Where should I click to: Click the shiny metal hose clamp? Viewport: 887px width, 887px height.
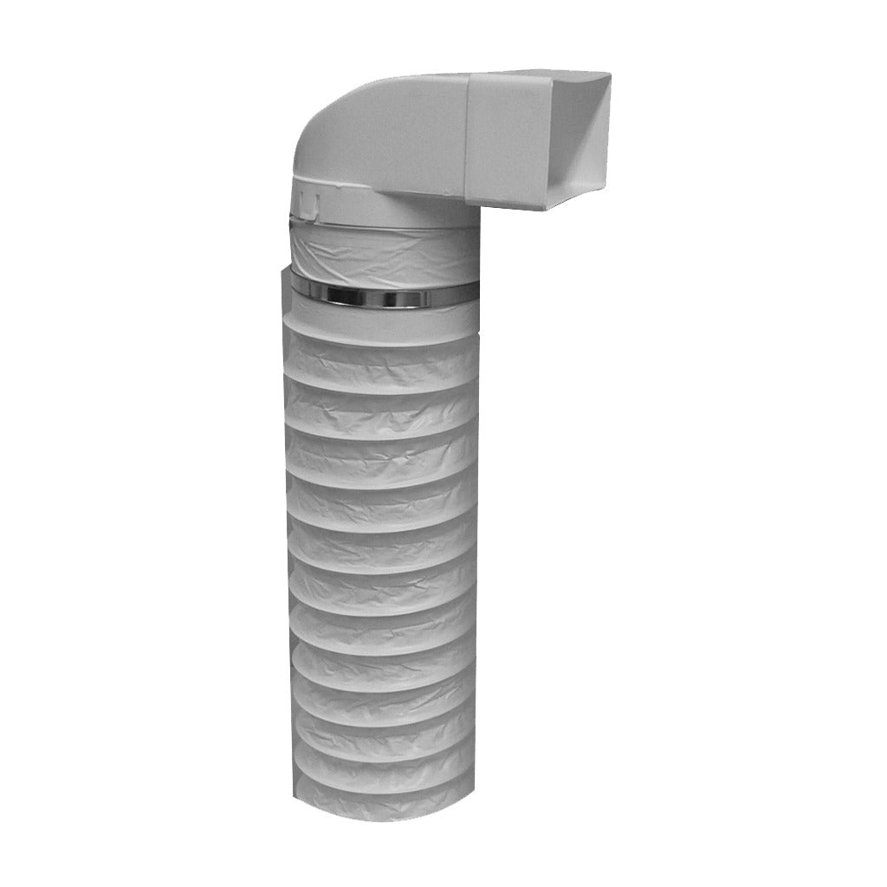(x=381, y=295)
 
